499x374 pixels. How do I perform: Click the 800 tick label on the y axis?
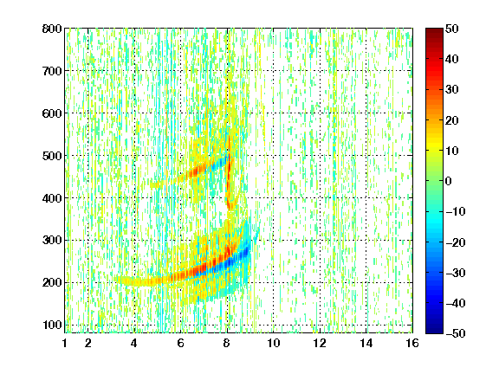[52, 29]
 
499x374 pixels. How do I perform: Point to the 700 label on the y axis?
[52, 71]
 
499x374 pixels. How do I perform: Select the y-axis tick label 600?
[52, 113]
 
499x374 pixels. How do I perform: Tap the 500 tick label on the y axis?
[52, 156]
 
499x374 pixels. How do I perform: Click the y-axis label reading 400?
[52, 198]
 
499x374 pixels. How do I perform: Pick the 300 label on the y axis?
[52, 240]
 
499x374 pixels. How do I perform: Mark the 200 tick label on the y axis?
[52, 282]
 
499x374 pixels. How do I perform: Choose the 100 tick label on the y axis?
[52, 325]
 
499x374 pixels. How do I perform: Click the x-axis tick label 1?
[65, 343]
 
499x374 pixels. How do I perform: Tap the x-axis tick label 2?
[88, 343]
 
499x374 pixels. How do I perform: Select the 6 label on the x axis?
[181, 343]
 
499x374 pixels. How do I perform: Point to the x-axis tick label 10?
[274, 343]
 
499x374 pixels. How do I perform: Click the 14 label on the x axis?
[366, 343]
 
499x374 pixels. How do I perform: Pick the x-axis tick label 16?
[412, 343]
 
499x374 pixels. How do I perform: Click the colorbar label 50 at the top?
[451, 29]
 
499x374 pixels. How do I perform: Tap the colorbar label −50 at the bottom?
[456, 333]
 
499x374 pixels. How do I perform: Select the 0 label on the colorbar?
[449, 181]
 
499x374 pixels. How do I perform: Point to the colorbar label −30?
[456, 273]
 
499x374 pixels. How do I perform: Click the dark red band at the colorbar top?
[434, 34]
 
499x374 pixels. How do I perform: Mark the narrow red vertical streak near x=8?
[229, 171]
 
